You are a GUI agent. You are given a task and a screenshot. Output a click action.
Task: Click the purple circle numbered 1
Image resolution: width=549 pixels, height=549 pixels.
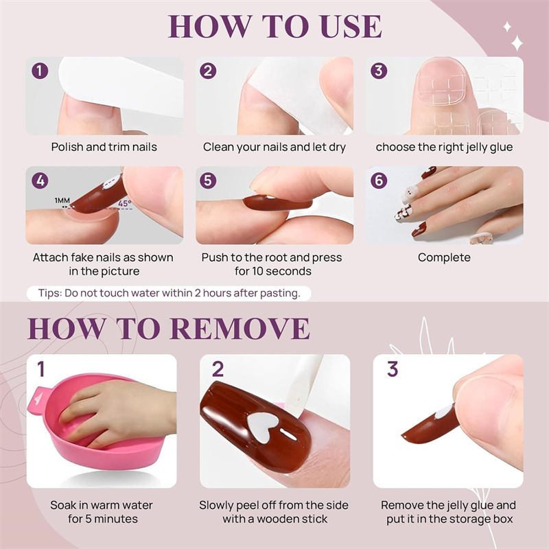click(40, 71)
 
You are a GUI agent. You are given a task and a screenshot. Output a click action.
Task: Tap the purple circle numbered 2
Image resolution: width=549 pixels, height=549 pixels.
click(208, 71)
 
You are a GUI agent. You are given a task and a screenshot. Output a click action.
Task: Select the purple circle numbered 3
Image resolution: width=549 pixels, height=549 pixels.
click(379, 71)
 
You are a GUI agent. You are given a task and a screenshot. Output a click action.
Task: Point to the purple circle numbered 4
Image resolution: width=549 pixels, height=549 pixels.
click(40, 180)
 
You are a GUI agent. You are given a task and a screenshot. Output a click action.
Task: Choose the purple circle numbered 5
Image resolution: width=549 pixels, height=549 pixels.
click(208, 180)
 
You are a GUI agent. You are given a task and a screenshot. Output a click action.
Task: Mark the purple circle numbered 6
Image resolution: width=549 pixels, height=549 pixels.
click(379, 180)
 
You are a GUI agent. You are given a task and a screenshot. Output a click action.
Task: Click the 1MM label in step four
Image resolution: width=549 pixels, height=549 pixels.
click(62, 200)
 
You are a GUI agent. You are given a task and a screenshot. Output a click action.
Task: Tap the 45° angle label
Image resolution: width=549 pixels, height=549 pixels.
click(125, 203)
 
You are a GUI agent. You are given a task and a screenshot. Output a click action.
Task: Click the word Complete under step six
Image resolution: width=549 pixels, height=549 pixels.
click(444, 257)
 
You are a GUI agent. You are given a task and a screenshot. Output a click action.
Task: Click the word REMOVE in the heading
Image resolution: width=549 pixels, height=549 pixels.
click(240, 328)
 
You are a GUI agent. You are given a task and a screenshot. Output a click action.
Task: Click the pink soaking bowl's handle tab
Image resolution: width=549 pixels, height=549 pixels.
click(38, 399)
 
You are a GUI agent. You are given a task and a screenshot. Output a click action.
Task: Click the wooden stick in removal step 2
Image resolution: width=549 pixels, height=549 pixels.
click(303, 382)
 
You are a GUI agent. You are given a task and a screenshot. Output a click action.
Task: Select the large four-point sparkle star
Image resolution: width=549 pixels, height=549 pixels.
click(517, 43)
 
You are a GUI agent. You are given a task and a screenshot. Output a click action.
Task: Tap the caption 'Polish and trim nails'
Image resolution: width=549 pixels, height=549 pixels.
click(104, 147)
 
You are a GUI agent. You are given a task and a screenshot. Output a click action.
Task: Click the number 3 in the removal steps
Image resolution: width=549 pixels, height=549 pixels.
click(393, 369)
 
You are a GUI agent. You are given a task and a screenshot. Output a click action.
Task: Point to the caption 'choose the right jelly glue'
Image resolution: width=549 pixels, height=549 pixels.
click(444, 147)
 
